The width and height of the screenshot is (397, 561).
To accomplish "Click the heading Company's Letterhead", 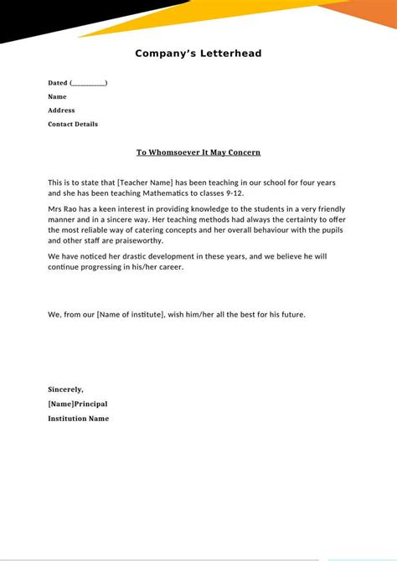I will point(198,54).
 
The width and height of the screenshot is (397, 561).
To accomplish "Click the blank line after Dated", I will point(89,83).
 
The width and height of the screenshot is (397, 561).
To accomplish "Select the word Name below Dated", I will point(57,96).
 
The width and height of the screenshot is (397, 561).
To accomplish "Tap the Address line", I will point(61,110).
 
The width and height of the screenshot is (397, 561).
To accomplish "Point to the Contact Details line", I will point(73,124).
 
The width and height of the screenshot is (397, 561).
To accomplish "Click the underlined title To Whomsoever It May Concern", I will point(198,152).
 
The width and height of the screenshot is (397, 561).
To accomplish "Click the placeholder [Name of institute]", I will point(136,315).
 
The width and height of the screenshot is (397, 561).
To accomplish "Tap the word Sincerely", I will point(65,389).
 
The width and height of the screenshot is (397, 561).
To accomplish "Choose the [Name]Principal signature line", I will point(78,404).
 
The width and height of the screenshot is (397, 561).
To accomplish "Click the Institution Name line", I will point(78,418).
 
